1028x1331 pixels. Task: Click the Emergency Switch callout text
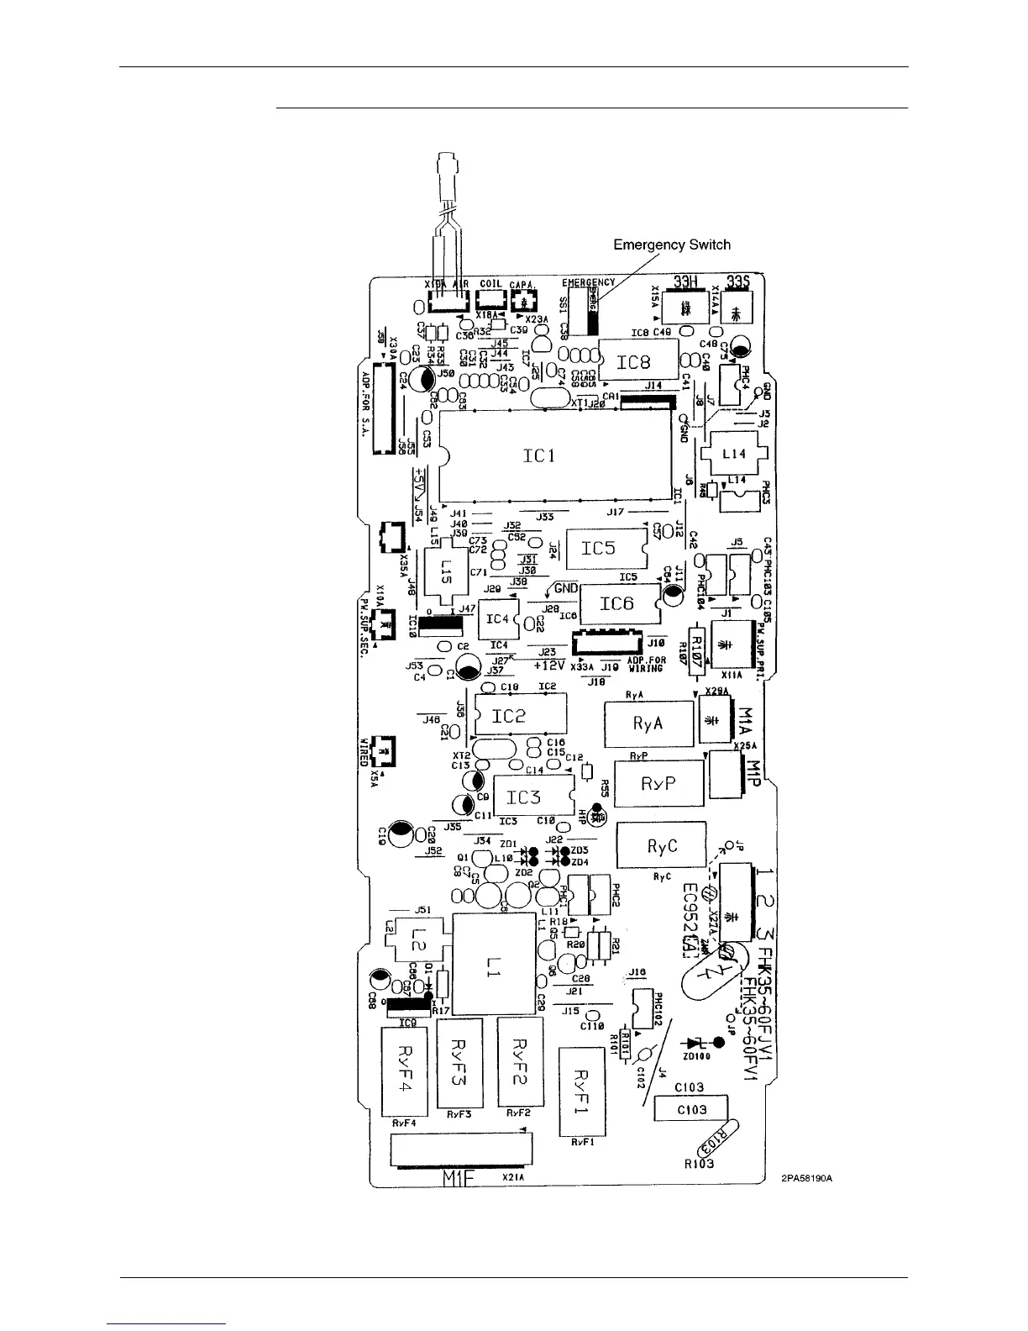[x=672, y=245]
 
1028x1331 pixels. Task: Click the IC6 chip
[x=617, y=604]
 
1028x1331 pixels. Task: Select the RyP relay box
[x=658, y=783]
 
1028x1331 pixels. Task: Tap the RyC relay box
[x=661, y=845]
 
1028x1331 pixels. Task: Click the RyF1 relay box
[x=583, y=1091]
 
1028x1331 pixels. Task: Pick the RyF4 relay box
[x=405, y=1072]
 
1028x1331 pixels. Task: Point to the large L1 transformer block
[x=493, y=971]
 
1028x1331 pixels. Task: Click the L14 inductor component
[x=734, y=454]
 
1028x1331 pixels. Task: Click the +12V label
[x=550, y=665]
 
